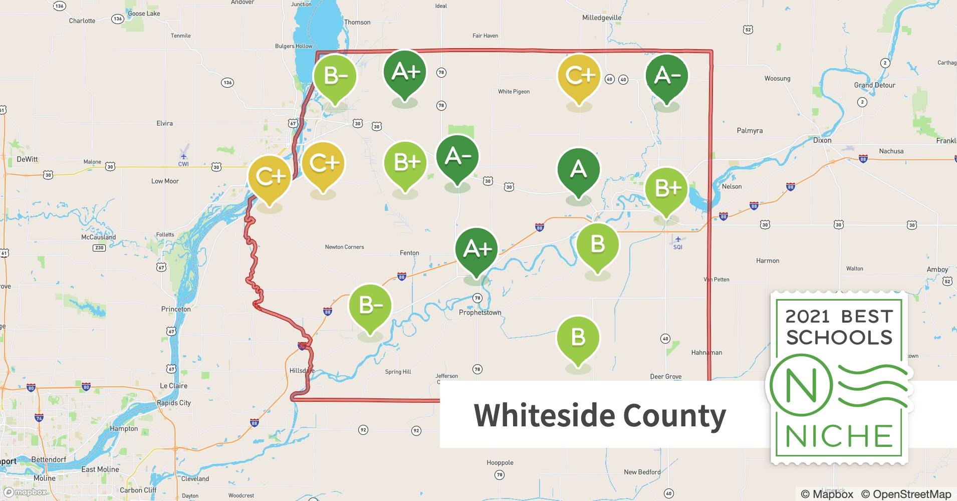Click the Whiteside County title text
click(x=600, y=415)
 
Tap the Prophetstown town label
click(x=480, y=313)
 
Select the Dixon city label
click(x=822, y=140)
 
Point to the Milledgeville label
click(x=602, y=18)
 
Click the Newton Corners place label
click(x=344, y=247)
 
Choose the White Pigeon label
click(x=514, y=92)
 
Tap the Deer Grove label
click(x=665, y=377)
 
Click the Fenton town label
click(x=409, y=253)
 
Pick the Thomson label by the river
click(x=357, y=23)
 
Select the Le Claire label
click(x=173, y=386)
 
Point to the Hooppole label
click(x=500, y=463)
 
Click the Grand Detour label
click(x=874, y=85)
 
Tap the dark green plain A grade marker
click(x=578, y=170)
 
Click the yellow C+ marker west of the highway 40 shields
click(x=579, y=77)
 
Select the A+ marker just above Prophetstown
click(x=476, y=249)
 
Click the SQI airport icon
click(x=677, y=240)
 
